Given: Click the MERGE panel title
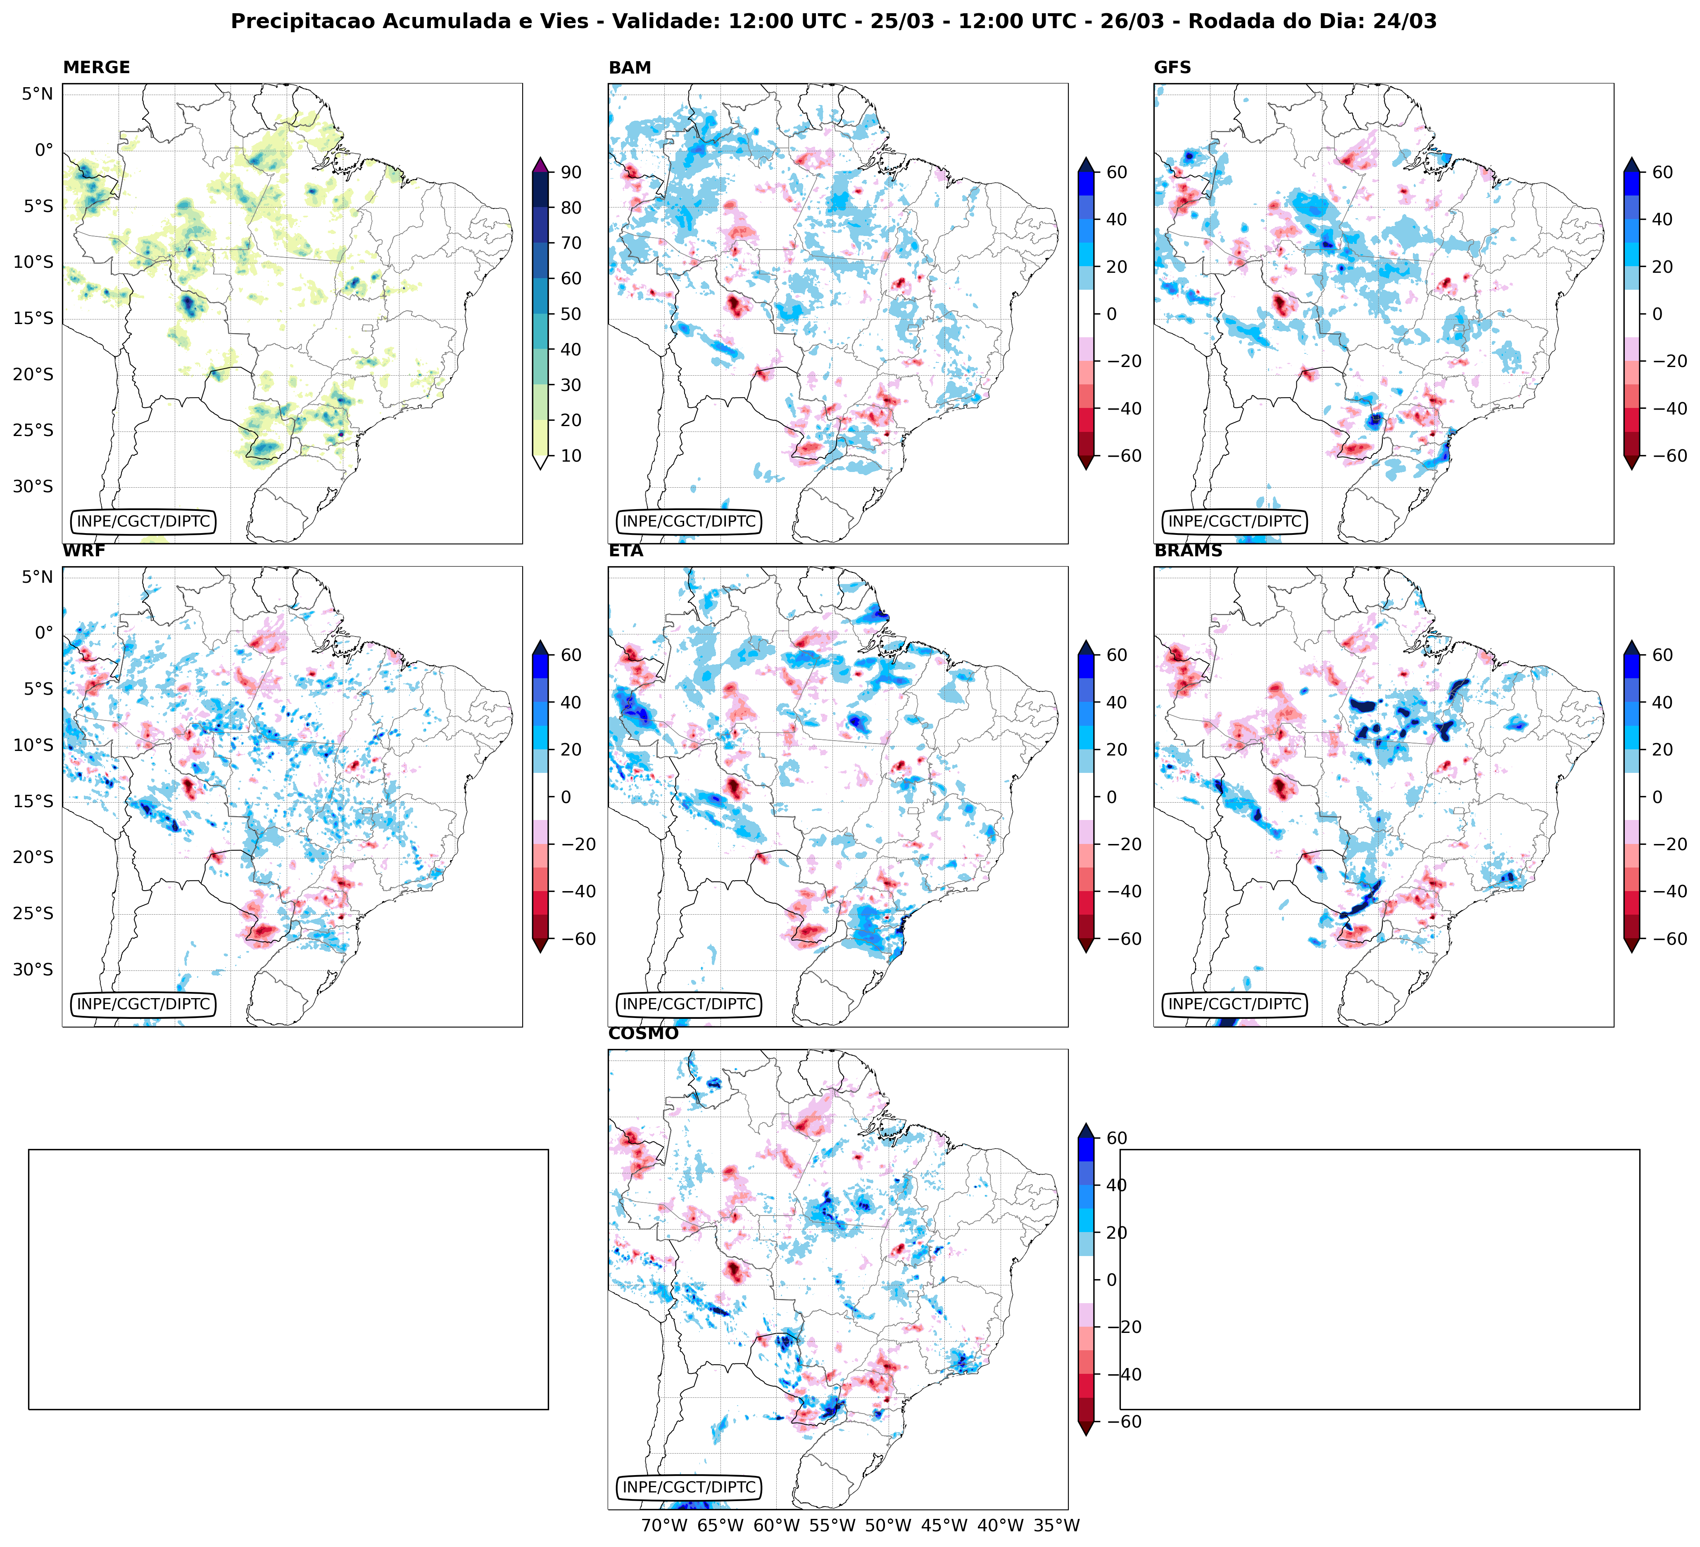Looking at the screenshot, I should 96,67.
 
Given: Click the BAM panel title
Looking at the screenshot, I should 629,67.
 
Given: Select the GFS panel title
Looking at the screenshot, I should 1172,67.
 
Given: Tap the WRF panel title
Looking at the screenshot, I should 83,551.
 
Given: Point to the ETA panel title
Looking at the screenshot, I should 626,551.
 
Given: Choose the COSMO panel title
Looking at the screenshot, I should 642,1033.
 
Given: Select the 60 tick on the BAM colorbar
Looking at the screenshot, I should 1115,172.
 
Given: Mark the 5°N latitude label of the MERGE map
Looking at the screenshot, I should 37,94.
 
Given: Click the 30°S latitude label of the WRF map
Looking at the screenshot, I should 33,969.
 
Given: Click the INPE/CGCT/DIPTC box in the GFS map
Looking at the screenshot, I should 1234,521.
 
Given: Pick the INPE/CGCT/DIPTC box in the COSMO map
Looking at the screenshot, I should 688,1487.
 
